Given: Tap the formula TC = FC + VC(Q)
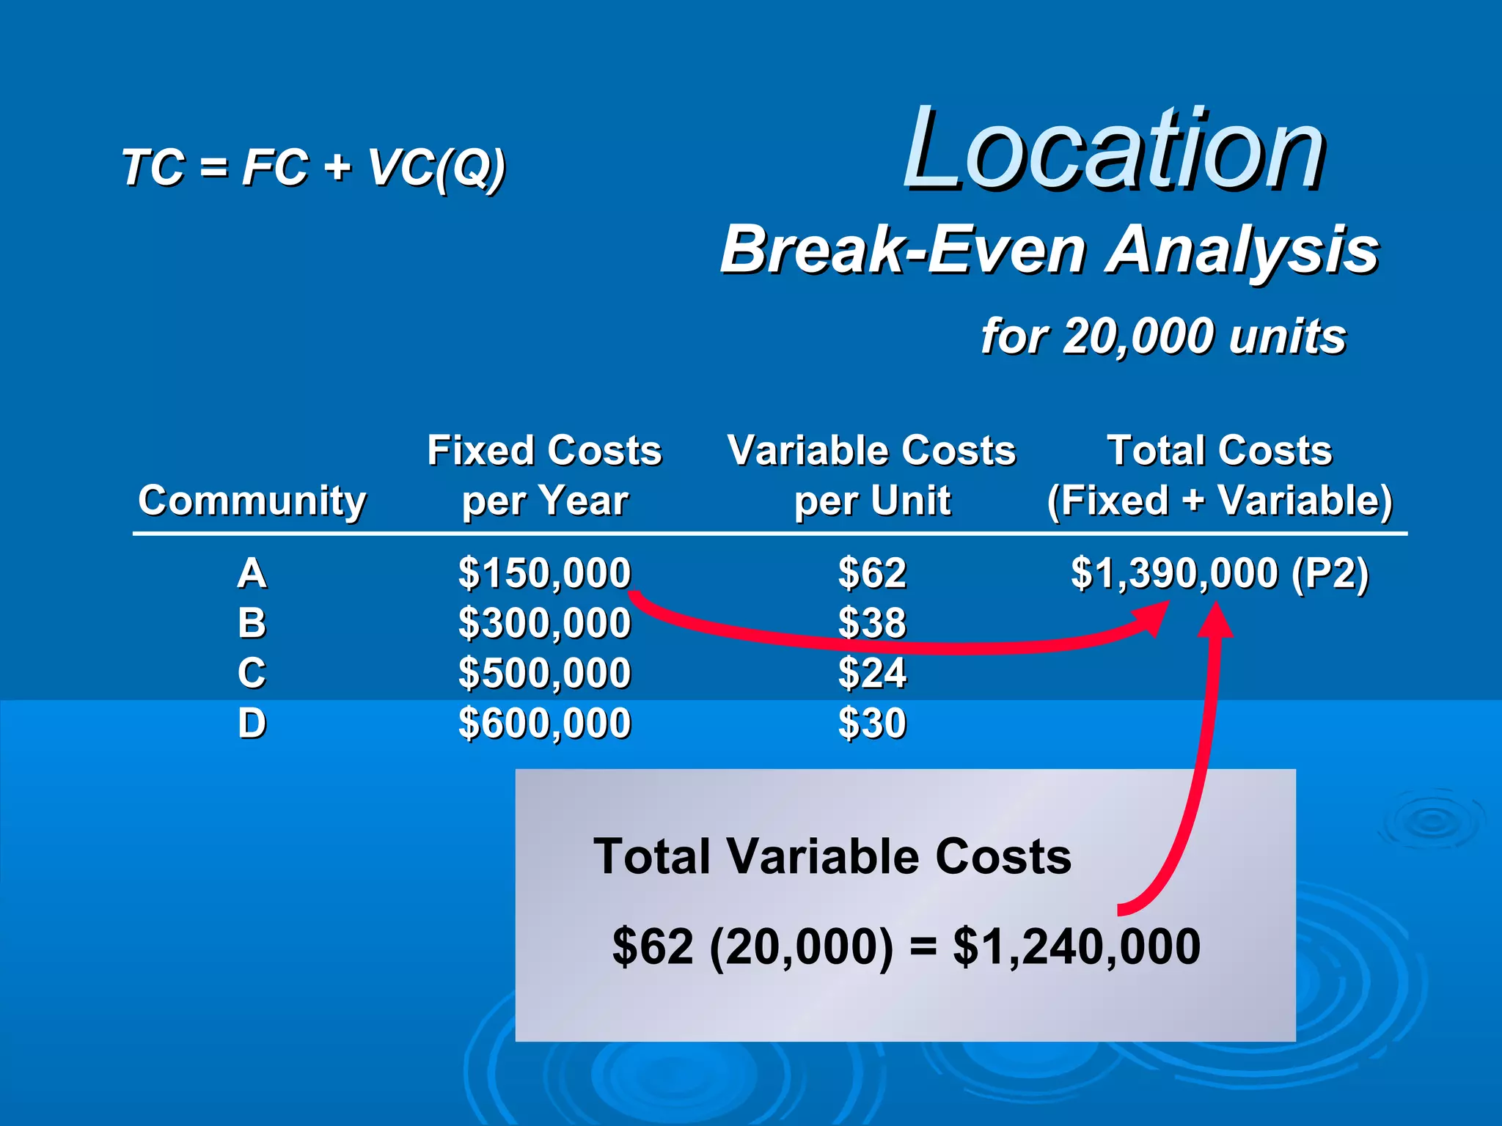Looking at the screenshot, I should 313,168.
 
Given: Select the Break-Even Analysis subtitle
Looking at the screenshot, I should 1049,250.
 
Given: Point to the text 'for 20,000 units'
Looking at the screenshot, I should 1163,336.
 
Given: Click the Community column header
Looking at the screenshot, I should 252,501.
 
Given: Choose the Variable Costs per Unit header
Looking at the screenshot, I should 871,475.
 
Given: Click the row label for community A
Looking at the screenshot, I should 252,573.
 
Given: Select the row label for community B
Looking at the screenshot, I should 252,623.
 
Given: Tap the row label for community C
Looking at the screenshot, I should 252,673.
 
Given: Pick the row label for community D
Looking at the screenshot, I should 252,724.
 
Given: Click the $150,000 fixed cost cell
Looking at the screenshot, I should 544,573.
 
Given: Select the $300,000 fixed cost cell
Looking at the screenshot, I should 544,623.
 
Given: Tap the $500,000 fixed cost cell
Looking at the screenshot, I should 544,673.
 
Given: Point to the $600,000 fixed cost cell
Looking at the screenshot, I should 544,724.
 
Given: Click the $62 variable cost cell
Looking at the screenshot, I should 872,573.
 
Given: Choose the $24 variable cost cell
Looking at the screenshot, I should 872,673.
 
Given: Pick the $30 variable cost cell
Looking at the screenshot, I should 872,724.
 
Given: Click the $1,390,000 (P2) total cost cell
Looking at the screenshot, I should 1220,573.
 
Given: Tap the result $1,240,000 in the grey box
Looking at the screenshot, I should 1076,946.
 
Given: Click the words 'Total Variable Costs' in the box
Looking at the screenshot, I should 832,856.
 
